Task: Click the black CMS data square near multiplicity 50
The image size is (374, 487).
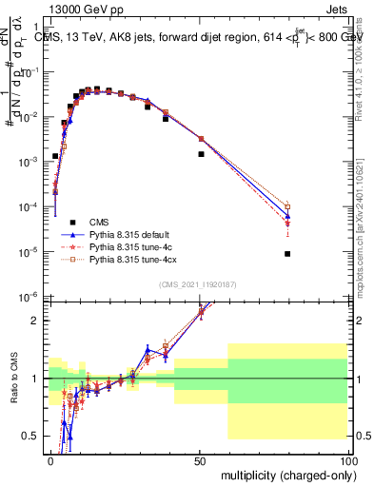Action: pyautogui.click(x=201, y=153)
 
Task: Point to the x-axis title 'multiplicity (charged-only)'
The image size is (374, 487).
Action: pyautogui.click(x=283, y=475)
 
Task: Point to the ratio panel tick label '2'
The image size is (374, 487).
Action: pyautogui.click(x=38, y=321)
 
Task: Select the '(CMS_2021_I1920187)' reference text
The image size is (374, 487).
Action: pyautogui.click(x=198, y=285)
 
